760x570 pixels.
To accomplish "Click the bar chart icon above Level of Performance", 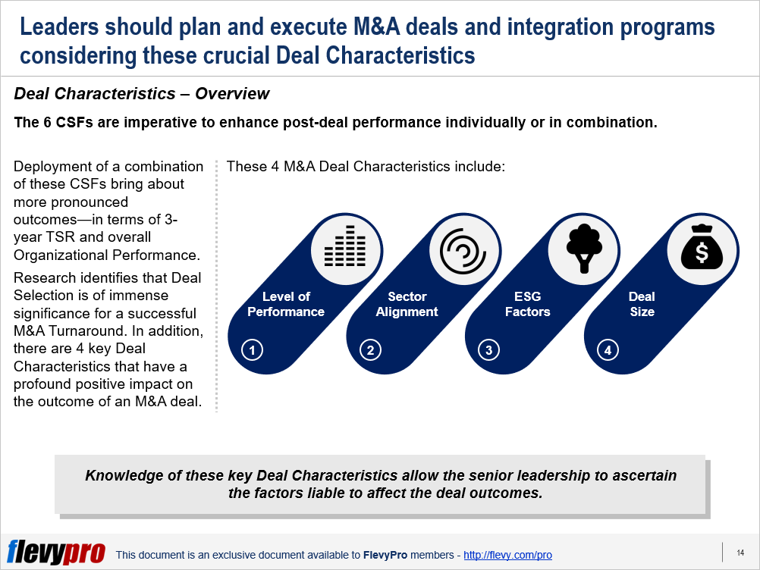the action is (x=345, y=246).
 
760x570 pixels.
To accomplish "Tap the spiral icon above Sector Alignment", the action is (x=463, y=252).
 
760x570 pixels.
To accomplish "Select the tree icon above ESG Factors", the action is (x=584, y=248).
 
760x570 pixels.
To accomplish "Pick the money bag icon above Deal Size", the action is (x=702, y=247).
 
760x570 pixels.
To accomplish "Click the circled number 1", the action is (x=252, y=349).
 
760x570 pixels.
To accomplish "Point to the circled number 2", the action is (x=370, y=349).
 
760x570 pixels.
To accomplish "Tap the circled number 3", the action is (x=488, y=349).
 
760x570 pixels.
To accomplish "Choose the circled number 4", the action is (x=608, y=349).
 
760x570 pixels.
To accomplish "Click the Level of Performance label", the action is (x=286, y=304).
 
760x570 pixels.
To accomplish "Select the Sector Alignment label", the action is (x=407, y=304).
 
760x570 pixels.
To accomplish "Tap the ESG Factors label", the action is (x=528, y=304).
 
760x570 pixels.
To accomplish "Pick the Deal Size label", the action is (x=642, y=304).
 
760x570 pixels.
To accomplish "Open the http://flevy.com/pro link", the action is (x=507, y=555).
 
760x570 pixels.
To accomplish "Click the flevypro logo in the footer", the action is (x=56, y=552).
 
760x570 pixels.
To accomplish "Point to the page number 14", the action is (x=740, y=553).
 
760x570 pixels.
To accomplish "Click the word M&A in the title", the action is (x=377, y=27).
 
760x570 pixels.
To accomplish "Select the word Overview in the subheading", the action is (x=232, y=93).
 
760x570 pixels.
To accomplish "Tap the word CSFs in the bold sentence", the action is (x=74, y=122).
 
